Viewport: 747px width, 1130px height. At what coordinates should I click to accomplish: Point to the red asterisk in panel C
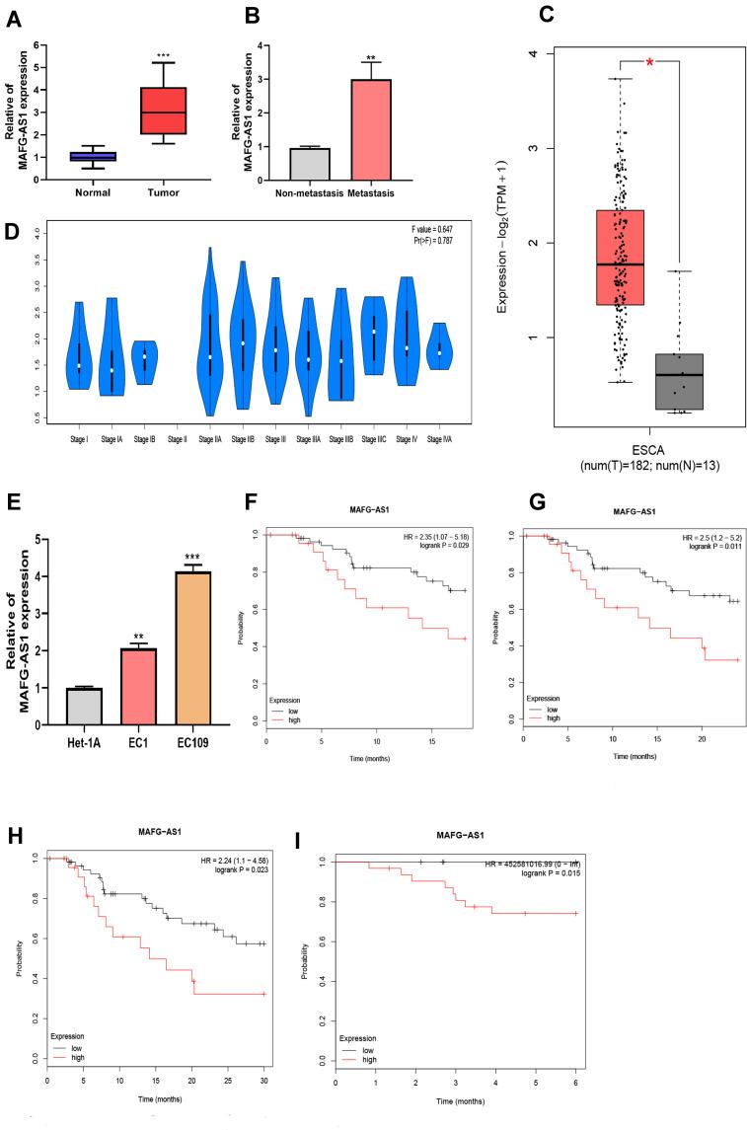(650, 63)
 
